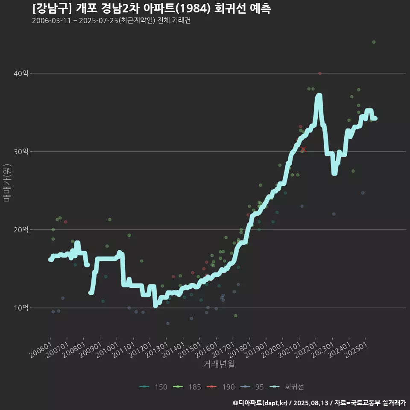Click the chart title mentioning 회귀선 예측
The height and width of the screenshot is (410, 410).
click(151, 9)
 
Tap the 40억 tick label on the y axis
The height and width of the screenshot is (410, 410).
click(21, 73)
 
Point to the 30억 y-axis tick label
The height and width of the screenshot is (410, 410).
click(21, 152)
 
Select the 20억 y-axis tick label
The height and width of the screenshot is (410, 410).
click(21, 230)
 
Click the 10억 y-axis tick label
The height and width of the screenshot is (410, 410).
click(21, 308)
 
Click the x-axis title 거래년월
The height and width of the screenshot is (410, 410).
click(219, 364)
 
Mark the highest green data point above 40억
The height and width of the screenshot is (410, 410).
click(374, 42)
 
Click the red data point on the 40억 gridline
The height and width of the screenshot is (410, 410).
click(320, 73)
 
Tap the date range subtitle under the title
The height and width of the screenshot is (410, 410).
click(111, 20)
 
